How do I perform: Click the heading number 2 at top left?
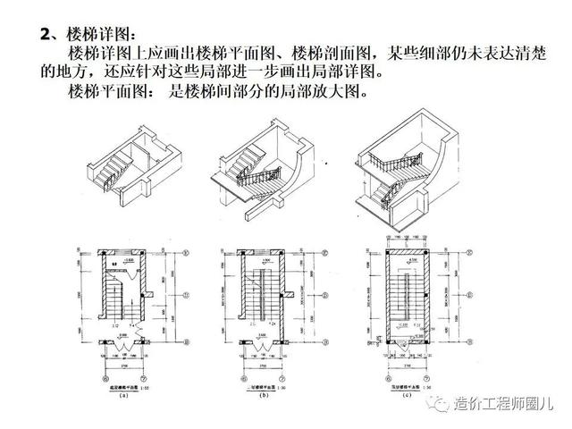46,35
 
